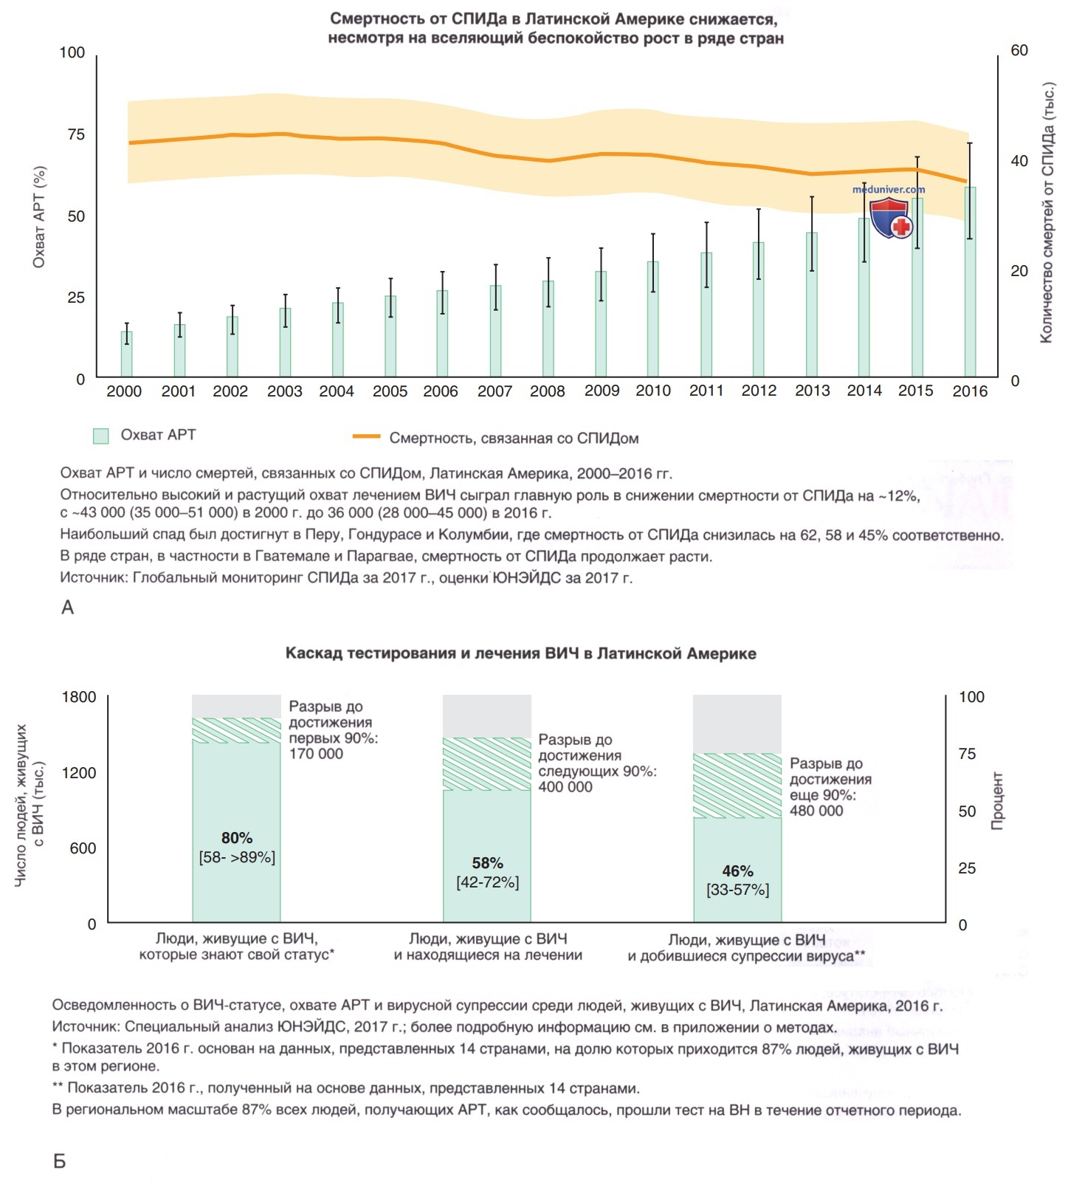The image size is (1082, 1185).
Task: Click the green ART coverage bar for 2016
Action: click(970, 282)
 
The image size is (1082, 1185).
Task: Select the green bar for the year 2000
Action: click(127, 354)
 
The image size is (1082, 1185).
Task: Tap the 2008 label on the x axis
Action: click(548, 391)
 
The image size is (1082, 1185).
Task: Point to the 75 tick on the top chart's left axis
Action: click(76, 134)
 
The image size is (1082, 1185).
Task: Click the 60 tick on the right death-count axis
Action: click(1019, 50)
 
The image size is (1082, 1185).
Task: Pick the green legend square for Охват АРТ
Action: click(101, 436)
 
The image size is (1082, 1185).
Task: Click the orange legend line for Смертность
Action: click(367, 436)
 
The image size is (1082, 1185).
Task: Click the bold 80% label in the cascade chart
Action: click(237, 838)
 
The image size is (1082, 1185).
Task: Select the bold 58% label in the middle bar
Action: click(487, 863)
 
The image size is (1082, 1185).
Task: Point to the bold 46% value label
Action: click(737, 871)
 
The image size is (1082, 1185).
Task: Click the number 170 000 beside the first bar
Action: click(316, 754)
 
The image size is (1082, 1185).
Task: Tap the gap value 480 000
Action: click(816, 811)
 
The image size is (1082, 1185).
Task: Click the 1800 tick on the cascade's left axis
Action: click(78, 697)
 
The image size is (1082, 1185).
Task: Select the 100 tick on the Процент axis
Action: click(971, 697)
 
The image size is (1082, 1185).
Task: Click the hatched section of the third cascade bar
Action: click(737, 786)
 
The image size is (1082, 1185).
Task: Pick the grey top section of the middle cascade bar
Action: click(487, 715)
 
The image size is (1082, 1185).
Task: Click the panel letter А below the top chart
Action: click(67, 608)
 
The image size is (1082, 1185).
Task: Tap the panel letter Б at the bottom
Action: click(60, 1161)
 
